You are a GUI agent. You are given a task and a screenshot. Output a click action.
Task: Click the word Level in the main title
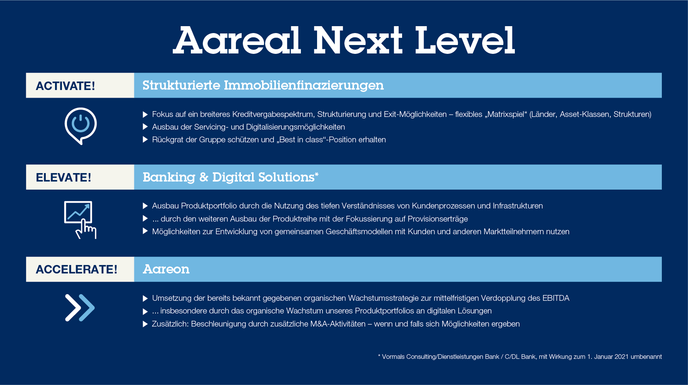pos(465,40)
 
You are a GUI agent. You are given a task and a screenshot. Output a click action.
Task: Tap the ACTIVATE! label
pos(65,86)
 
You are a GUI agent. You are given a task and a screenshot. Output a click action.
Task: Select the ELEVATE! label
pos(63,177)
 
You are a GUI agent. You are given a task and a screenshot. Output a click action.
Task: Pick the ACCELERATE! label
pos(77,269)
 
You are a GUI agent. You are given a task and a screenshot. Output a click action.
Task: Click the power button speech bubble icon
pos(80,126)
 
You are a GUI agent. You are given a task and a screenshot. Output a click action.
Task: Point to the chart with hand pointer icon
pos(80,220)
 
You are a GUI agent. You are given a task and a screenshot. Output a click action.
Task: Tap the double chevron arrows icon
pos(80,308)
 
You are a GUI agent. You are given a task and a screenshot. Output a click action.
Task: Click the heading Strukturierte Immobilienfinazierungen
pos(263,85)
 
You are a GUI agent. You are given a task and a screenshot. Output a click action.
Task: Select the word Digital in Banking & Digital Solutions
pos(234,177)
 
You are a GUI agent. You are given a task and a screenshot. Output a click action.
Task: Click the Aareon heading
pos(166,269)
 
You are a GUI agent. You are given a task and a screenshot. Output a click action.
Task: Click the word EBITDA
pos(556,298)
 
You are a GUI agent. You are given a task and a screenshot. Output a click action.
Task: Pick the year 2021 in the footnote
pos(621,357)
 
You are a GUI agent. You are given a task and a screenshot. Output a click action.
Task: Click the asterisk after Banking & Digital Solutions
pos(317,174)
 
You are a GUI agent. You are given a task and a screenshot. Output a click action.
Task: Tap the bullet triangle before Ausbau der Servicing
pos(145,127)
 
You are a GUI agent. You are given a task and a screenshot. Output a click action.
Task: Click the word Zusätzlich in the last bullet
pos(170,324)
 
